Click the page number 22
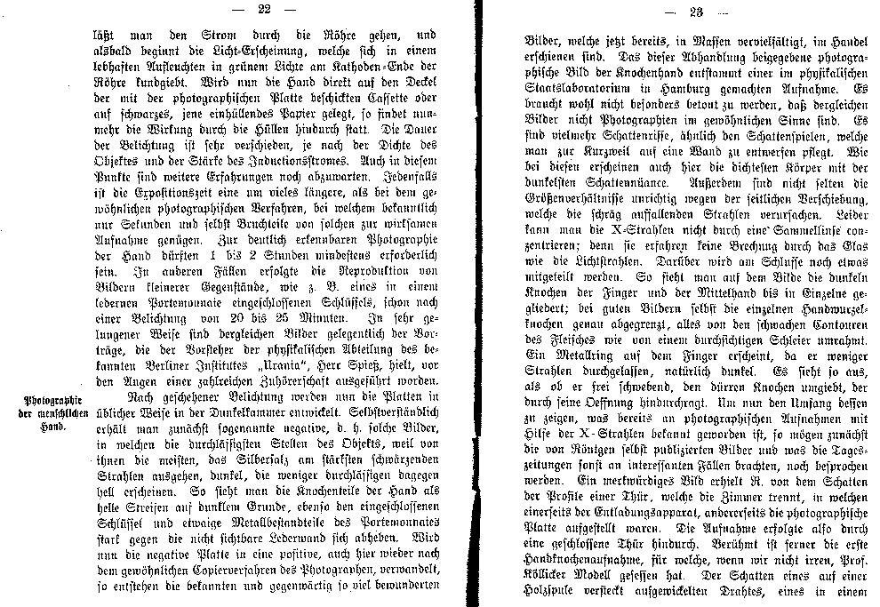click(262, 10)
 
